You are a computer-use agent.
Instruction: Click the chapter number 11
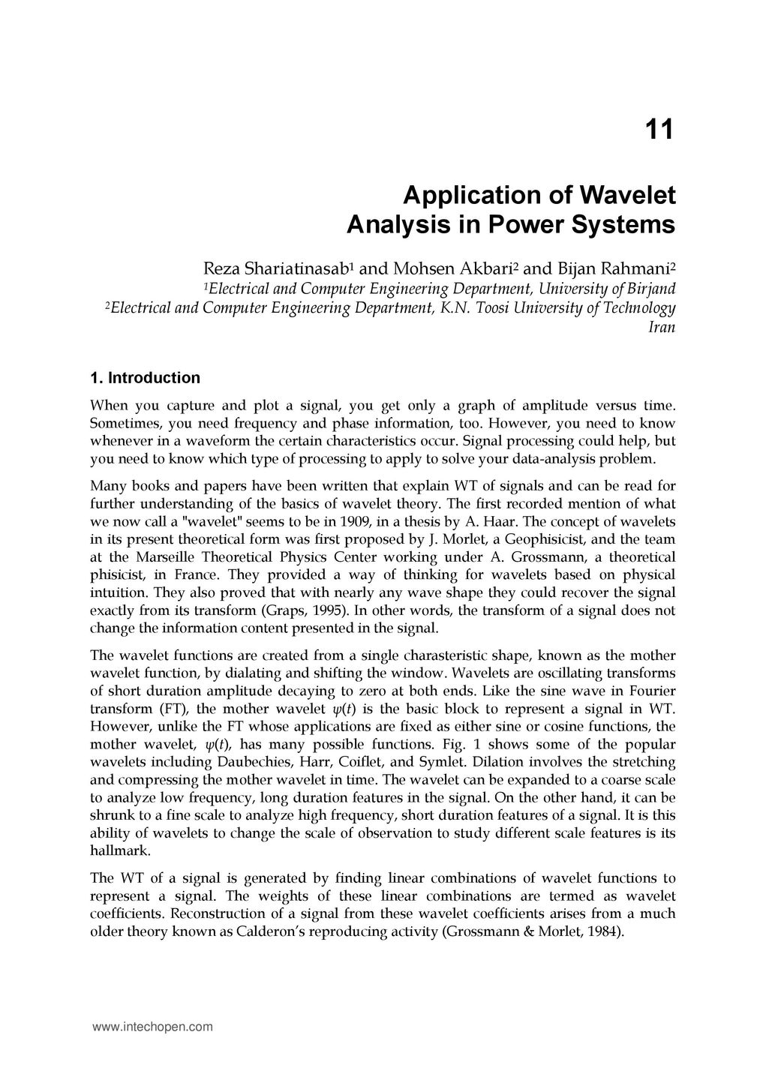pyautogui.click(x=659, y=130)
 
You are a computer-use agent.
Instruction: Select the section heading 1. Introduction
pyautogui.click(x=145, y=377)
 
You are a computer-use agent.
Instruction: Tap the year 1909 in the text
pyautogui.click(x=353, y=521)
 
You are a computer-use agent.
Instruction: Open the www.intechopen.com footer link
pyautogui.click(x=152, y=1027)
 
